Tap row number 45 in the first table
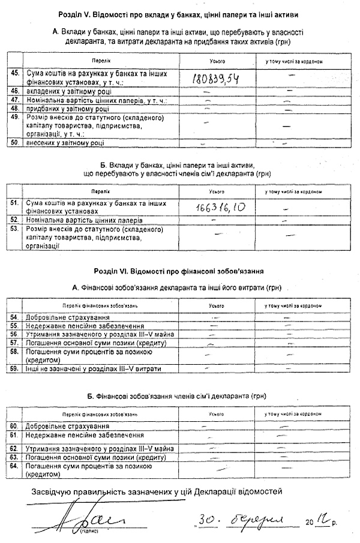click(x=16, y=73)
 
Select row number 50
click(x=16, y=143)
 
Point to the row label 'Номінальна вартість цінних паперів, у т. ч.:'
click(x=96, y=100)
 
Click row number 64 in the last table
click(x=16, y=465)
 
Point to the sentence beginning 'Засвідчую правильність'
click(x=156, y=491)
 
